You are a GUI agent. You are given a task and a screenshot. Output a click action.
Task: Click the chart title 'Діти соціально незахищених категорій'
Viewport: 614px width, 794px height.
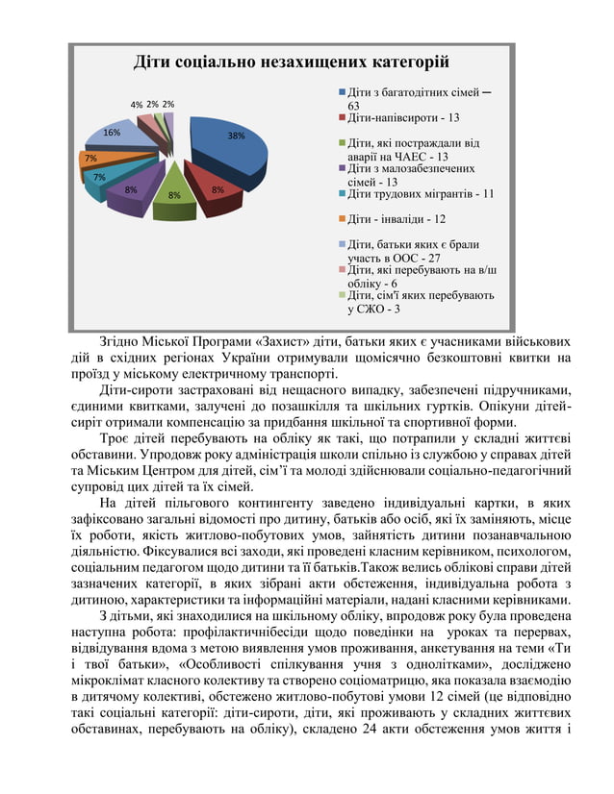coord(291,63)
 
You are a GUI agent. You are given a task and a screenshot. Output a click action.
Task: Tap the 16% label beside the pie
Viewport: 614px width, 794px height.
coord(112,133)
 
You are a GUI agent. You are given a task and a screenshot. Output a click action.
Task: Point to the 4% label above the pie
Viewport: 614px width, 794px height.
coord(137,104)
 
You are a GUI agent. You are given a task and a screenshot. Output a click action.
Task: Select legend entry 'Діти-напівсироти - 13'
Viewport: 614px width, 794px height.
coord(402,117)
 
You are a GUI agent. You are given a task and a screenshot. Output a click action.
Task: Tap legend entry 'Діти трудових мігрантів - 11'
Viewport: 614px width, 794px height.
coord(420,193)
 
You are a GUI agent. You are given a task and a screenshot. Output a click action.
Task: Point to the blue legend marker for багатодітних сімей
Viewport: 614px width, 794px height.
coord(342,92)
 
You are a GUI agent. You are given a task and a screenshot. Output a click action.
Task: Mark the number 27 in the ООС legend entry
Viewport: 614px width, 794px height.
coord(433,258)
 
